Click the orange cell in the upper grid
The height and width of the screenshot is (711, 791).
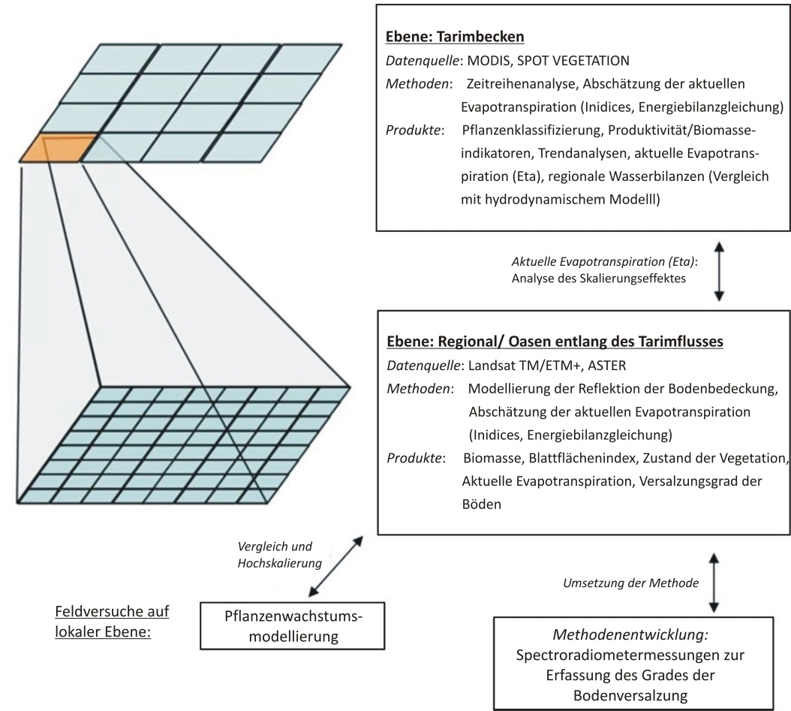[58, 149]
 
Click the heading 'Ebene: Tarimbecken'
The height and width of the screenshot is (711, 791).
[455, 37]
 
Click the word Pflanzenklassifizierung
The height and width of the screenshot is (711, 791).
[532, 130]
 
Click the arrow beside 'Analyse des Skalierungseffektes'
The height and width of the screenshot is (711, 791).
[720, 272]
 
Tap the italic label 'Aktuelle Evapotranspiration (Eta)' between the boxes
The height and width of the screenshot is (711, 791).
[604, 261]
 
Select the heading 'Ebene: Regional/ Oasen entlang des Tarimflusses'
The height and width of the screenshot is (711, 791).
[555, 342]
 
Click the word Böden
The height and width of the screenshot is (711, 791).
[482, 504]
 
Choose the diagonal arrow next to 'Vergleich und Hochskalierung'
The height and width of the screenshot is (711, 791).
[336, 566]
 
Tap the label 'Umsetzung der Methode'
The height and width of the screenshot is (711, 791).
[631, 583]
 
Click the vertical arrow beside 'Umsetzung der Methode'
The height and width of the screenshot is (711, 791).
[714, 583]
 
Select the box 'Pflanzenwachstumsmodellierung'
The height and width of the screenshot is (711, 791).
[293, 625]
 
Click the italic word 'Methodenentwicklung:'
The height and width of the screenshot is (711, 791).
[630, 635]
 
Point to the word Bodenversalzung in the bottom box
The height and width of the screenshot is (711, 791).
[630, 696]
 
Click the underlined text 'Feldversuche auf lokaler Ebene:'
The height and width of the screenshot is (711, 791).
[112, 622]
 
